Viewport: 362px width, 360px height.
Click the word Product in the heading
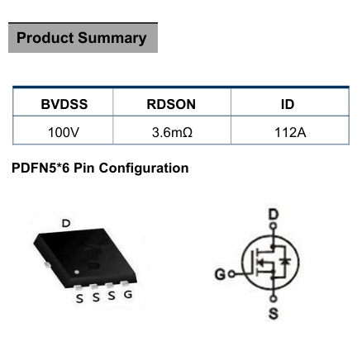tap(45, 38)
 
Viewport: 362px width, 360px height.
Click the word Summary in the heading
tap(112, 39)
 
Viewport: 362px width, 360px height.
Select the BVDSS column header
tap(64, 104)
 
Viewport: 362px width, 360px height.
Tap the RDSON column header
tap(171, 104)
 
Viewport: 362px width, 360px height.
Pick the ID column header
tap(288, 104)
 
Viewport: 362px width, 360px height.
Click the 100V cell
tap(64, 132)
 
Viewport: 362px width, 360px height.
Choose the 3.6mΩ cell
tap(172, 132)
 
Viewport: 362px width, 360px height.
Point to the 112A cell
tap(290, 132)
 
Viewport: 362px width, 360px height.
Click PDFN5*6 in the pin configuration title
tap(40, 168)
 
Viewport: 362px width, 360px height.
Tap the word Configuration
tap(144, 168)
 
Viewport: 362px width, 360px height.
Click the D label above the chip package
tap(66, 223)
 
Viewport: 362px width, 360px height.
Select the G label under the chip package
tap(128, 295)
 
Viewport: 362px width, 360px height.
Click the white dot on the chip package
tap(77, 272)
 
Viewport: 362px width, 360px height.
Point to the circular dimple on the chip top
tap(93, 266)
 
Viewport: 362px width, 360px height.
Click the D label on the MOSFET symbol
tap(274, 215)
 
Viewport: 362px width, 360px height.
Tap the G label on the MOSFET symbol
tap(220, 274)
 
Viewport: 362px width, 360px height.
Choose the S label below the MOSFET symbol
tap(274, 314)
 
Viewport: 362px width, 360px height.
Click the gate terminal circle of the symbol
tap(232, 274)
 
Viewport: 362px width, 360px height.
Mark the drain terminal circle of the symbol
tap(273, 226)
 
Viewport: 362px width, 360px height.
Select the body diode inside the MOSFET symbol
tap(285, 261)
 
